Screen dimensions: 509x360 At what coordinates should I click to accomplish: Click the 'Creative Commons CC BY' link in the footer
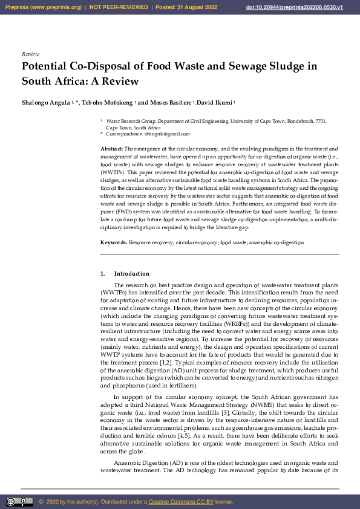pyautogui.click(x=181, y=502)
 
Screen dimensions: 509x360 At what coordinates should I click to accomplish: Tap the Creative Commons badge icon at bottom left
pyautogui.click(x=20, y=502)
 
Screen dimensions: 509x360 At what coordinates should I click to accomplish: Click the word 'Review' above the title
pyautogui.click(x=30, y=54)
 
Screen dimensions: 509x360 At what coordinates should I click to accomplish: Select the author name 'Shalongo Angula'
pyautogui.click(x=45, y=103)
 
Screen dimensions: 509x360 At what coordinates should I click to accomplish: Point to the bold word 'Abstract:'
pyautogui.click(x=112, y=148)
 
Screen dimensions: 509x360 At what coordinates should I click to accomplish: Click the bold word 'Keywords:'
pyautogui.click(x=114, y=242)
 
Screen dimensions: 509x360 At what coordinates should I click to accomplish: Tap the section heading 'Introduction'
pyautogui.click(x=131, y=274)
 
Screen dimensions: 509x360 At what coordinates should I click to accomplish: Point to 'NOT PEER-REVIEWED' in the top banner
pyautogui.click(x=119, y=7)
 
